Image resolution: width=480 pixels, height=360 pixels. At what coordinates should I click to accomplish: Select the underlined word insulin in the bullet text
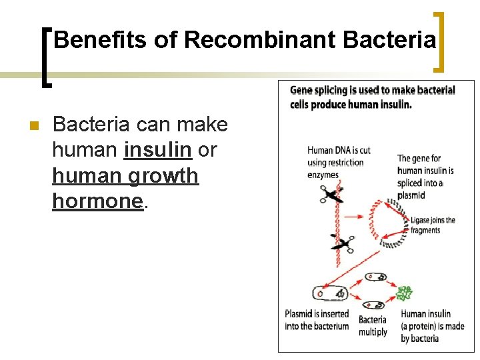click(x=158, y=150)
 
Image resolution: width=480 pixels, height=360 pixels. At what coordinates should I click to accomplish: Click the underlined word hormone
click(x=98, y=201)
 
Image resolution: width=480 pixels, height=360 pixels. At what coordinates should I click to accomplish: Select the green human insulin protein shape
click(x=405, y=293)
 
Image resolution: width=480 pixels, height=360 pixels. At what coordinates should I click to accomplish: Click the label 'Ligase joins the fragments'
click(x=433, y=225)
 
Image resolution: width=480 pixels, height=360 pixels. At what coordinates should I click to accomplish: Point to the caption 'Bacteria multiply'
click(x=373, y=325)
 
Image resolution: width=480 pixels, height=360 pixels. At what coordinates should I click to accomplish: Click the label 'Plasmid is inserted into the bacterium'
click(x=317, y=320)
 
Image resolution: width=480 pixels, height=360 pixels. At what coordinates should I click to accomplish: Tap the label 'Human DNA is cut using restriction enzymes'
click(x=339, y=162)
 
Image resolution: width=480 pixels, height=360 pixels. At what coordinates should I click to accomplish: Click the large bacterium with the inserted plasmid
click(x=329, y=293)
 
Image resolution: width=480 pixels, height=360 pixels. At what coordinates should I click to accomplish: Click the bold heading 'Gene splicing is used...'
click(x=373, y=97)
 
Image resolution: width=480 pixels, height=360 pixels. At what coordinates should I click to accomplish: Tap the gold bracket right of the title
click(x=439, y=41)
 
